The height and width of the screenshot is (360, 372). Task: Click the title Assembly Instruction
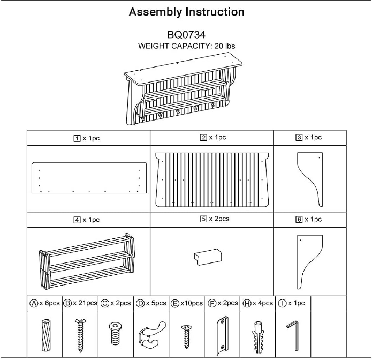(x=186, y=12)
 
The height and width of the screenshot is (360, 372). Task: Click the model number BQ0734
(x=186, y=35)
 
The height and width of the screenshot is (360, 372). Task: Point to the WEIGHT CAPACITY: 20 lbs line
(x=186, y=46)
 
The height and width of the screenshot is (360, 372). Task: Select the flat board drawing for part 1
(x=89, y=177)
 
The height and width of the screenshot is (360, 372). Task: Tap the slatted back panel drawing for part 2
(x=212, y=179)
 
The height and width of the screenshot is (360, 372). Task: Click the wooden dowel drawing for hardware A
(x=44, y=333)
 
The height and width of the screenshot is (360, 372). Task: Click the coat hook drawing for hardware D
(x=150, y=333)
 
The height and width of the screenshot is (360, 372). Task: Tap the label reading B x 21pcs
(x=80, y=303)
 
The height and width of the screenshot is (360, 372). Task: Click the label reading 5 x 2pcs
(x=212, y=219)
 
